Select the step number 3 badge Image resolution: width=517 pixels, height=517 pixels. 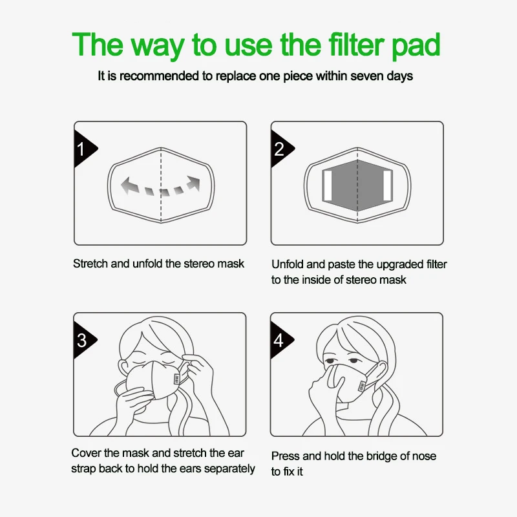tap(82, 340)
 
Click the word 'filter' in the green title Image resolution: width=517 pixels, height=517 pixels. tap(350, 45)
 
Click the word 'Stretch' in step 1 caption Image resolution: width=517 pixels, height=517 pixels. tap(91, 264)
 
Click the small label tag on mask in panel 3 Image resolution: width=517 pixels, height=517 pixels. tap(176, 378)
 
